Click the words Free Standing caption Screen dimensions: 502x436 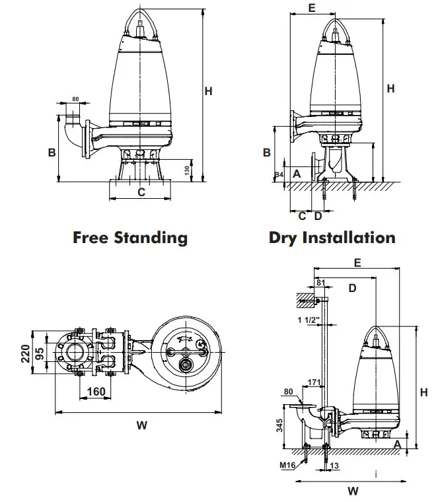[130, 237]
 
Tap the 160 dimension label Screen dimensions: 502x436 [96, 392]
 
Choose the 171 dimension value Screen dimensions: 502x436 [314, 382]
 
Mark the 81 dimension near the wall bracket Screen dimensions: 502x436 [322, 283]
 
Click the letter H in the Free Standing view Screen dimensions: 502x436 [208, 92]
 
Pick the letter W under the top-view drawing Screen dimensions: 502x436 [141, 426]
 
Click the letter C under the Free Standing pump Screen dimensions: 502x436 [141, 192]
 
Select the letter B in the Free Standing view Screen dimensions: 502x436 [51, 152]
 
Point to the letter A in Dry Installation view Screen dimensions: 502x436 [297, 172]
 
